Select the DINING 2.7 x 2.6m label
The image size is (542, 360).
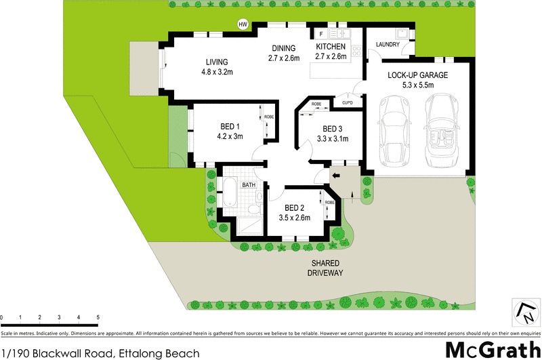[x=283, y=52]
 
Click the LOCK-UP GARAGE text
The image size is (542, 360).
[x=417, y=75]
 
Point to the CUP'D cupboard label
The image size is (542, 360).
[x=348, y=103]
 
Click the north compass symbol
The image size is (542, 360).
[x=524, y=312]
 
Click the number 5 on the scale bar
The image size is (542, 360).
[x=98, y=317]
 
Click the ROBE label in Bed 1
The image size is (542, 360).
[x=268, y=117]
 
